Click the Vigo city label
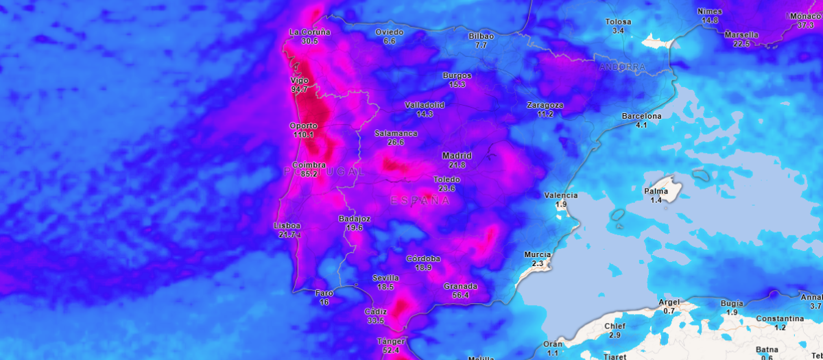(x=299, y=80)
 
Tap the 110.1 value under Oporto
(x=303, y=135)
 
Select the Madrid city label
(x=457, y=156)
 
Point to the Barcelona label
(x=641, y=116)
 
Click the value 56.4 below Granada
(x=456, y=296)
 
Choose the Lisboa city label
(x=287, y=226)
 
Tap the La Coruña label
(x=310, y=32)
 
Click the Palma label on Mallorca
(x=656, y=191)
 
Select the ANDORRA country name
(x=622, y=67)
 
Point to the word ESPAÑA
(x=420, y=200)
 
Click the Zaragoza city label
(x=545, y=105)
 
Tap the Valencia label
(x=561, y=195)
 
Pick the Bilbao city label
(x=481, y=36)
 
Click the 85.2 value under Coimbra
(x=309, y=174)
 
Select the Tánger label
(x=391, y=341)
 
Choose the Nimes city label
(x=710, y=11)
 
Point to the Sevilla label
(x=385, y=278)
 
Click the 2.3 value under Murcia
(x=537, y=263)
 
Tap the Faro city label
(x=324, y=293)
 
